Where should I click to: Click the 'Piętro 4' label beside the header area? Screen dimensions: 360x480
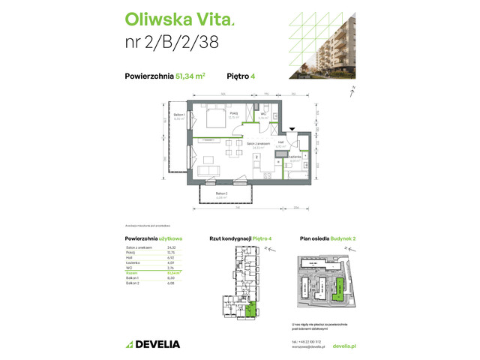238,75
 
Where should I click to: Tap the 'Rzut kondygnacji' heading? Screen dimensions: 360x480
227,238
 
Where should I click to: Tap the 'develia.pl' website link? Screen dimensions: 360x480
341,346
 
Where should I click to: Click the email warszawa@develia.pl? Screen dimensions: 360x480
308,346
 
